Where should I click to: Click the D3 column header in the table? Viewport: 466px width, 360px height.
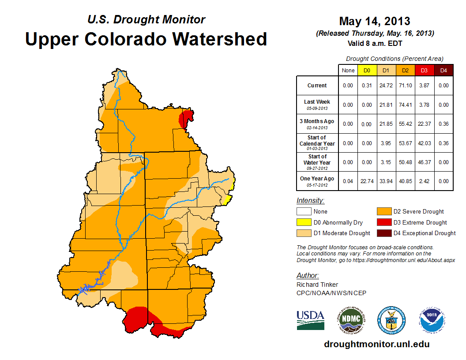coord(424,70)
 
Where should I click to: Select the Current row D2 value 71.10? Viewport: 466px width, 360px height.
coord(405,86)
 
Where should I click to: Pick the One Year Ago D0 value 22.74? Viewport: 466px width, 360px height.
coord(367,179)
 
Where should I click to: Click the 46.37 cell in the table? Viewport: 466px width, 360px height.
coord(424,162)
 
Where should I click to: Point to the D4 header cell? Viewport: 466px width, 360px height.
coord(443,70)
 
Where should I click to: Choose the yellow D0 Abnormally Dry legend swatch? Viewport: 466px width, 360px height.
coord(304,222)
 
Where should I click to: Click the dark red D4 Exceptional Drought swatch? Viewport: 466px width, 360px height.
coord(383,233)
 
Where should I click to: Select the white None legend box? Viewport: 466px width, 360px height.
coord(304,212)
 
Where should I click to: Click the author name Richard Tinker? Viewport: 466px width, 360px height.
coord(317,285)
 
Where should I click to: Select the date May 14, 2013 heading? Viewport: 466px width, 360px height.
coord(374,21)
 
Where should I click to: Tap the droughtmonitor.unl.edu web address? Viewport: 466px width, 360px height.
coord(376,344)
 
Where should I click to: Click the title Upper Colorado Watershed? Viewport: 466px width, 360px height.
coord(146,39)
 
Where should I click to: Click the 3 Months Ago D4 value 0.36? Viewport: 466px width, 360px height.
coord(443,124)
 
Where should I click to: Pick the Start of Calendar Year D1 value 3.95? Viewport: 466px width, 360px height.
coord(385,143)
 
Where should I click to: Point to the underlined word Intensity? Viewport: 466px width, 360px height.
coord(310,201)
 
